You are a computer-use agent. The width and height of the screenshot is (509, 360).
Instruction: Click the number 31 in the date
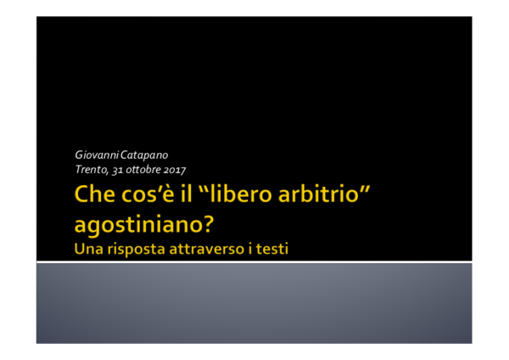coord(118,169)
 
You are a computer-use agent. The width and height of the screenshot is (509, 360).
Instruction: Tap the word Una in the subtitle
coord(88,249)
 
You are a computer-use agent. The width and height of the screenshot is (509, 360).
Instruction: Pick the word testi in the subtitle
coord(282,249)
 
